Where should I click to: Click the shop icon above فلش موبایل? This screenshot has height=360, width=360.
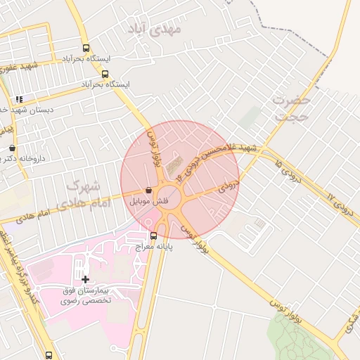click(148, 190)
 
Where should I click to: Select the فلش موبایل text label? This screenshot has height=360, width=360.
click(148, 201)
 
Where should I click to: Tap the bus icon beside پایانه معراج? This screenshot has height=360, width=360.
click(154, 236)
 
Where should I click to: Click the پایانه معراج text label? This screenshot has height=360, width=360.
click(170, 246)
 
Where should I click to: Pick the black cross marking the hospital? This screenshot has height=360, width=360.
click(86, 279)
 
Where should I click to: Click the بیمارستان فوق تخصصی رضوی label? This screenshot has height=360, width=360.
click(88, 296)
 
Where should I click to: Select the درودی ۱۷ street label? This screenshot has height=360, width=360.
click(340, 204)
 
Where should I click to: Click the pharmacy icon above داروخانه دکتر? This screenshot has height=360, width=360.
click(13, 148)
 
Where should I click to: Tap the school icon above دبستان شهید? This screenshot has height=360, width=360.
click(19, 99)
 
